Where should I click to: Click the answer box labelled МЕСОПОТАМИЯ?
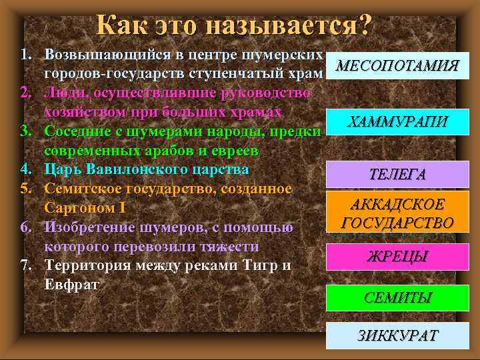pos(397,65)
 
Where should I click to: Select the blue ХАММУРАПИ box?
pos(398,121)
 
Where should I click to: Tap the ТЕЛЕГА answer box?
pos(397,175)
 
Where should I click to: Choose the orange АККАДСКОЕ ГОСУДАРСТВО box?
pos(397,213)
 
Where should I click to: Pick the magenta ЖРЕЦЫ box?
pos(397,256)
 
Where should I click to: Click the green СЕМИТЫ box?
pos(397,297)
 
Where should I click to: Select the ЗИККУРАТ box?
pos(397,335)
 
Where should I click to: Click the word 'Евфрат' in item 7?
pos(71,285)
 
